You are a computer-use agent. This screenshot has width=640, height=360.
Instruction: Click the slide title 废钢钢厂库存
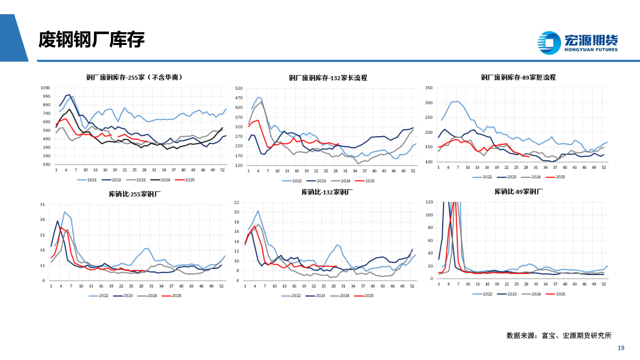91,40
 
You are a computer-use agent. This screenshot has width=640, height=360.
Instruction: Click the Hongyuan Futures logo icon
549,43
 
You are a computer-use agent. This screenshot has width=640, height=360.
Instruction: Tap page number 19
621,348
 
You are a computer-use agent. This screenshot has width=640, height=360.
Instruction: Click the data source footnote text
559,335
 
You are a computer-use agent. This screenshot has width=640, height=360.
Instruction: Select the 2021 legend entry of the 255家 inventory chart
87,180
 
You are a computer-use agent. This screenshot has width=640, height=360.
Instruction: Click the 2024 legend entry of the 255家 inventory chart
161,180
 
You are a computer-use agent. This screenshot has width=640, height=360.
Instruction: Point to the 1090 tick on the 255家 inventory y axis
45,88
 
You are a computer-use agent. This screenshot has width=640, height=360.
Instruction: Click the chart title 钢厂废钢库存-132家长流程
328,78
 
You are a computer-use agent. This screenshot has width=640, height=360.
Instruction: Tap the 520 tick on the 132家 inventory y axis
239,88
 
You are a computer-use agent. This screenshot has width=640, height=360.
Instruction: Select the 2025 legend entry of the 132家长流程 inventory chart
365,181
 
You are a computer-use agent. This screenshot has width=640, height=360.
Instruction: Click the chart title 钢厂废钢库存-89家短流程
518,77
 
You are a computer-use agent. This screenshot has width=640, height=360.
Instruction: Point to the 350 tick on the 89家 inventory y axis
429,88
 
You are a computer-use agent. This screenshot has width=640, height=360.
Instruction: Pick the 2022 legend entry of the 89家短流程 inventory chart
483,177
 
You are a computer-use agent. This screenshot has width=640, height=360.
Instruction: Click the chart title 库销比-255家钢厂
134,194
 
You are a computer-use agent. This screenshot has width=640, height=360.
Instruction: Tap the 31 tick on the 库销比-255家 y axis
42,204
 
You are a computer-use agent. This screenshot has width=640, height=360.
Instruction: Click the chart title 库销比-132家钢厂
327,192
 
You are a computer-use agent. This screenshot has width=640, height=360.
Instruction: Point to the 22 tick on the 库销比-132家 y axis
236,202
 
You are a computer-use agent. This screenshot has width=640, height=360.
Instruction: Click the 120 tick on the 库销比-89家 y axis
429,202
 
